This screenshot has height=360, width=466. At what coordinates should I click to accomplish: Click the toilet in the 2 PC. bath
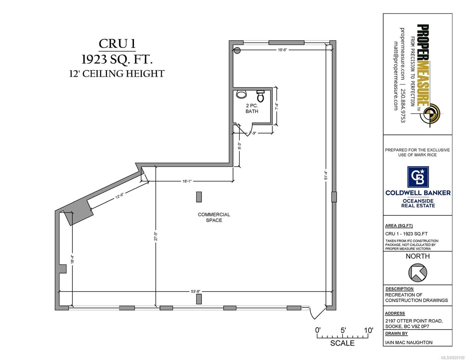pos(260,96)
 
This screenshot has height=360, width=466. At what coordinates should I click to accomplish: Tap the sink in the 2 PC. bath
pos(241,94)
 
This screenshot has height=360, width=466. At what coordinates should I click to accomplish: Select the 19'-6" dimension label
pos(282,50)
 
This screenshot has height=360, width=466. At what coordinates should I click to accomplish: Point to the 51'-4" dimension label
pos(326,175)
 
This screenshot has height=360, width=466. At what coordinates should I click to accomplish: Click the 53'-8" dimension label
pos(195,291)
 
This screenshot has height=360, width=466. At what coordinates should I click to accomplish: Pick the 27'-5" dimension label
pos(156,236)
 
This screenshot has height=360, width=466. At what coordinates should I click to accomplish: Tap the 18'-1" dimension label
pos(187,181)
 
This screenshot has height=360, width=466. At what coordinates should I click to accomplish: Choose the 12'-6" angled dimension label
pos(119,196)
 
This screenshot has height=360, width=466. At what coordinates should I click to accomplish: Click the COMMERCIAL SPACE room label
pos(214,217)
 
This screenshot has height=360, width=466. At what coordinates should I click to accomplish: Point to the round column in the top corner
pos(237,50)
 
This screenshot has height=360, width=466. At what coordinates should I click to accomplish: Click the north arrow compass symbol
pos(417,272)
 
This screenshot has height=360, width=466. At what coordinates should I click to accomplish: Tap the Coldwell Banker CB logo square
pos(418,177)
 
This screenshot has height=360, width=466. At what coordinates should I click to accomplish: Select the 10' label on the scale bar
pos(368,330)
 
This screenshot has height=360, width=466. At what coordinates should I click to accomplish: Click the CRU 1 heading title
pos(117,44)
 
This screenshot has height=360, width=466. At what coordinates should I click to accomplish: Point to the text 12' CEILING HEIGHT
pos(117,73)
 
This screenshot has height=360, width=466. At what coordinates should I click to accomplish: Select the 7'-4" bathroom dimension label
pos(277,106)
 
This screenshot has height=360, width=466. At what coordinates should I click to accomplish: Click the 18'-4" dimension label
pos(73,259)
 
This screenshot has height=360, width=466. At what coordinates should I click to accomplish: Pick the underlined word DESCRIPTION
pos(399,289)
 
